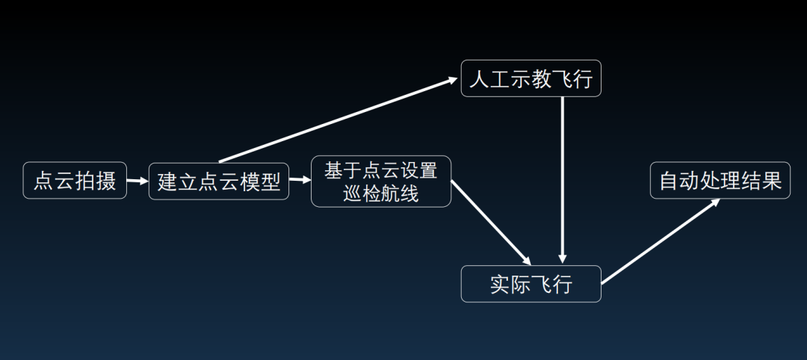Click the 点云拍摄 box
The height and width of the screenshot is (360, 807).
coord(75,180)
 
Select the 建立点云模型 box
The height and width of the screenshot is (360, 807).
coord(219,181)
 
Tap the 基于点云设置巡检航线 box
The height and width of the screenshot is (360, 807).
coord(381,181)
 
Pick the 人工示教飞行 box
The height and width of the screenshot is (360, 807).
coord(531,78)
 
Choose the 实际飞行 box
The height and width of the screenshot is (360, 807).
coord(531,284)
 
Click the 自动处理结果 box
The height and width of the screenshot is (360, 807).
coord(720,180)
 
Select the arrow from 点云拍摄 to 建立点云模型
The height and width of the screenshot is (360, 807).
coord(137,181)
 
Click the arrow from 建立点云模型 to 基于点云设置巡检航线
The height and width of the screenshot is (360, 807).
coord(300,180)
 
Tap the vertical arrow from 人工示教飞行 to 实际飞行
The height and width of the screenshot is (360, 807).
coord(563,179)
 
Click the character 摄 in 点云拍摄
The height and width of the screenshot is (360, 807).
coord(106,180)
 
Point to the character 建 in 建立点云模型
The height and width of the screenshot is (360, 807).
coord(168,181)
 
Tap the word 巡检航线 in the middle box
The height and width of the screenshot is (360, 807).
coord(381,193)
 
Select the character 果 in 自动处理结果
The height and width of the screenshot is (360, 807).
coord(771,180)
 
